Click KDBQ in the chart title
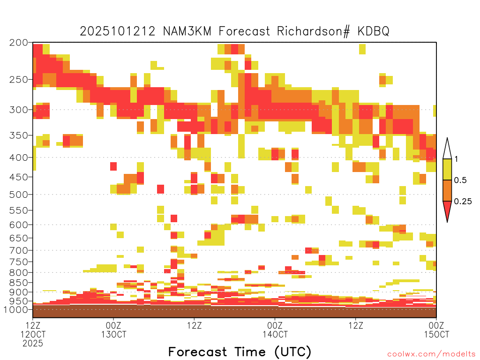(374, 31)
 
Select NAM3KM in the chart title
(187, 31)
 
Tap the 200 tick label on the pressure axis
(19, 43)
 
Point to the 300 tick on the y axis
(19, 110)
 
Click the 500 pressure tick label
(19, 195)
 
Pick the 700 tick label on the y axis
(19, 250)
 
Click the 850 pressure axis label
(19, 283)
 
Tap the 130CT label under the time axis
(113, 334)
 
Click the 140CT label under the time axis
(275, 334)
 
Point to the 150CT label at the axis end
(436, 334)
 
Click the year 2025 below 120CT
(33, 344)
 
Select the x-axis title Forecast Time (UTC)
(240, 352)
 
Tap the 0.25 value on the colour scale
(463, 202)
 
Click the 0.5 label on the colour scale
(460, 180)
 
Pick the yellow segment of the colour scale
(447, 169)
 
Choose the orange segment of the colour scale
(447, 190)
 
